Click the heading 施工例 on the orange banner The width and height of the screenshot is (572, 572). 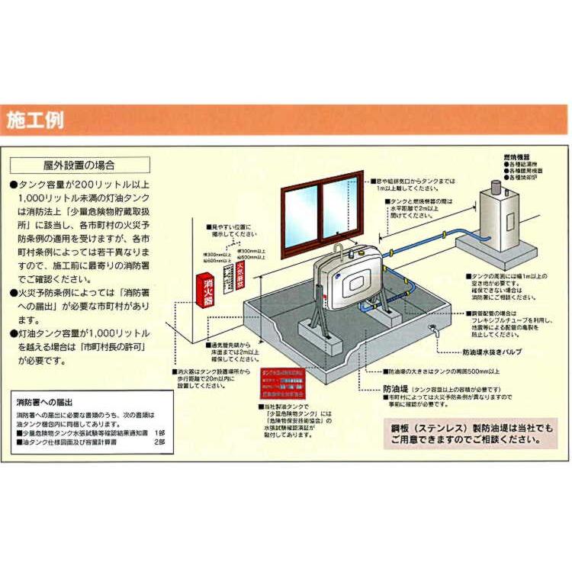point(36,121)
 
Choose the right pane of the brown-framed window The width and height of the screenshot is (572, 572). point(339,207)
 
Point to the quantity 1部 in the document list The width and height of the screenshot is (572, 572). point(159,432)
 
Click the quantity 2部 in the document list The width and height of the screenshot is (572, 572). point(159,442)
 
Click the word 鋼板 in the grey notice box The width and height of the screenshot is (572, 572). point(401,426)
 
